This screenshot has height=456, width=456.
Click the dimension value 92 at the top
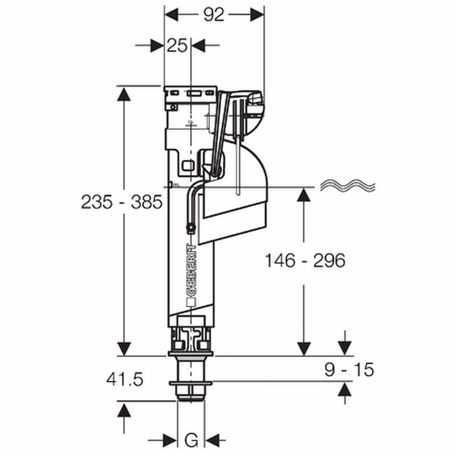point(214,15)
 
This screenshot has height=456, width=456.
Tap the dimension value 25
point(178,46)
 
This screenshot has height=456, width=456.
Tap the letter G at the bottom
point(192,440)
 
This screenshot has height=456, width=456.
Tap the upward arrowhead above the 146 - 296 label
point(304,194)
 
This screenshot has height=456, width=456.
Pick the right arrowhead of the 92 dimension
point(257,15)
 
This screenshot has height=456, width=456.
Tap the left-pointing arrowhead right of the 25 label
point(198,46)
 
